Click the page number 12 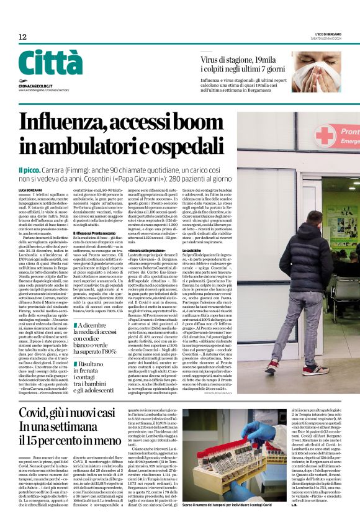(22, 37)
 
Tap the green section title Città (50, 63)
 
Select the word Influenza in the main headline (74, 122)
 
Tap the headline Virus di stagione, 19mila (238, 60)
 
